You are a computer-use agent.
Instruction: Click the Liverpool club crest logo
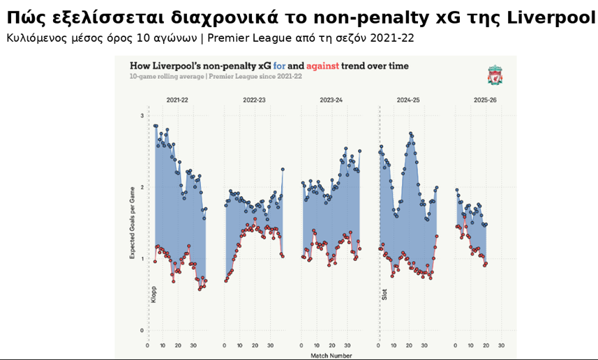click(x=495, y=75)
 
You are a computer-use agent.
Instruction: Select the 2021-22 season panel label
click(x=177, y=100)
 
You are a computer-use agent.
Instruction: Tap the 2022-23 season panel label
click(x=254, y=100)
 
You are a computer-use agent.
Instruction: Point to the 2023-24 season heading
click(x=331, y=100)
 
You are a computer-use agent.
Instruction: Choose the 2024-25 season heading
click(x=408, y=100)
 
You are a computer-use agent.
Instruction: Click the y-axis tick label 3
click(x=142, y=116)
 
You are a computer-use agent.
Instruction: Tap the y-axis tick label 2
click(x=142, y=188)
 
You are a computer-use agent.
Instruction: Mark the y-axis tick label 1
click(x=142, y=259)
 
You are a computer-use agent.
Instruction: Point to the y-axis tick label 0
click(x=142, y=331)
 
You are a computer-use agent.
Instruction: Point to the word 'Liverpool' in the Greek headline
click(x=553, y=17)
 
